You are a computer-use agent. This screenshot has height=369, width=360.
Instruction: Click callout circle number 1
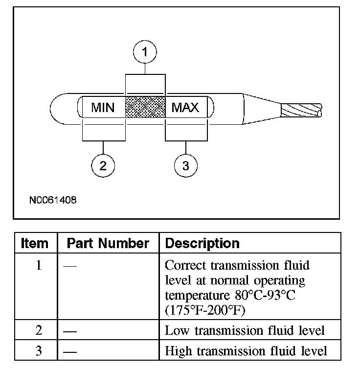click(x=145, y=52)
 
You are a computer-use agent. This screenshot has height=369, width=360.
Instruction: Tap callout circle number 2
click(x=103, y=166)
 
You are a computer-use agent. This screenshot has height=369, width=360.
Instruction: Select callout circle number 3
click(x=186, y=166)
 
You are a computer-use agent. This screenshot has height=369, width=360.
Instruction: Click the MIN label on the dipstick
click(x=103, y=108)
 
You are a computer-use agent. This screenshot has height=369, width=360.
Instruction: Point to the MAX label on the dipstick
click(x=185, y=108)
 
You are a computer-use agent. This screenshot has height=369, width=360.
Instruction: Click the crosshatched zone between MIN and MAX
click(x=145, y=107)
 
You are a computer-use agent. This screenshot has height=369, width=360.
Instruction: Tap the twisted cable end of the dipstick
click(x=301, y=111)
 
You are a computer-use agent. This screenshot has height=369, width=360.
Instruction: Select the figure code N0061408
click(x=53, y=200)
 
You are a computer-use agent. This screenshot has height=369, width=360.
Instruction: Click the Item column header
click(x=35, y=243)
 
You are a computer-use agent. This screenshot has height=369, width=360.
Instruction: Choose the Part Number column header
click(x=108, y=243)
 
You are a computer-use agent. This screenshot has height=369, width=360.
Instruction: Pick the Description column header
click(x=202, y=243)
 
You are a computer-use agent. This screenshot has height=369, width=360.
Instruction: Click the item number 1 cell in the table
click(x=39, y=265)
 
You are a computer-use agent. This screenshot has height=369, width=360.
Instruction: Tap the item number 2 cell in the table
click(x=39, y=330)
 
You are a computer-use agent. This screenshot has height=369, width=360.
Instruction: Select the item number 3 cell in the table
click(x=39, y=350)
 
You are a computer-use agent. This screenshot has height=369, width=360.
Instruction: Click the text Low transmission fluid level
click(x=245, y=330)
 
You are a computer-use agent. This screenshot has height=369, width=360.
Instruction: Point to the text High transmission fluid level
click(x=246, y=351)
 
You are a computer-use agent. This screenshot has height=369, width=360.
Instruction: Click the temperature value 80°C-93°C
click(x=265, y=295)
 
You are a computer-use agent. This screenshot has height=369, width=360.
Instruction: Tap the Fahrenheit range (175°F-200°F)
click(x=205, y=310)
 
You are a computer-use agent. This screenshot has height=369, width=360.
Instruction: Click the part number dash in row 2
click(x=70, y=332)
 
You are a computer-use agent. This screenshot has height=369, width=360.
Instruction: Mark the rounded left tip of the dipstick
click(x=50, y=109)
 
